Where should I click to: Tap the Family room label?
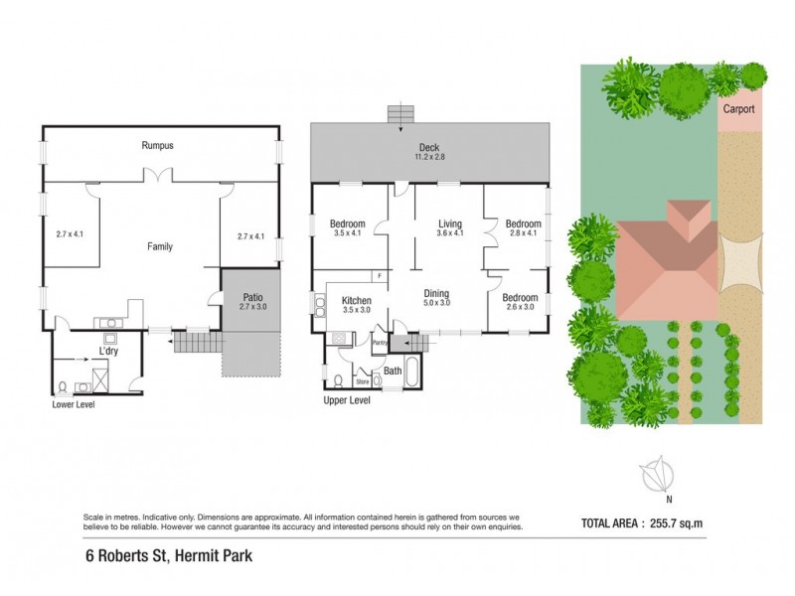click(x=159, y=245)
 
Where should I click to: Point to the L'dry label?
click(x=109, y=350)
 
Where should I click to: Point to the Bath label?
click(x=392, y=371)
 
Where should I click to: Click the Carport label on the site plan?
click(x=739, y=110)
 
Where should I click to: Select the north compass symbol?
click(x=656, y=477)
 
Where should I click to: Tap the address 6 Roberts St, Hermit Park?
click(x=168, y=556)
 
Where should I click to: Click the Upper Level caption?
click(x=347, y=400)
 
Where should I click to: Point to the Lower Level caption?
click(x=74, y=404)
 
